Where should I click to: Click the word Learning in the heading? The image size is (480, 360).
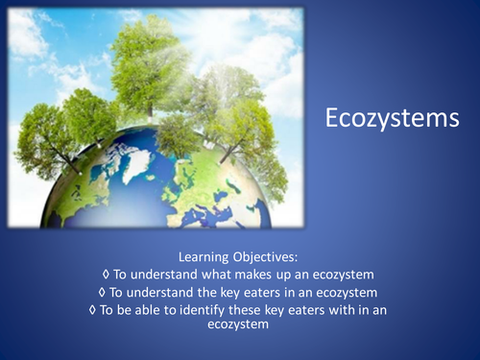point(204,256)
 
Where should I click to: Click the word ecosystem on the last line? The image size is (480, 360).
point(240,325)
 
